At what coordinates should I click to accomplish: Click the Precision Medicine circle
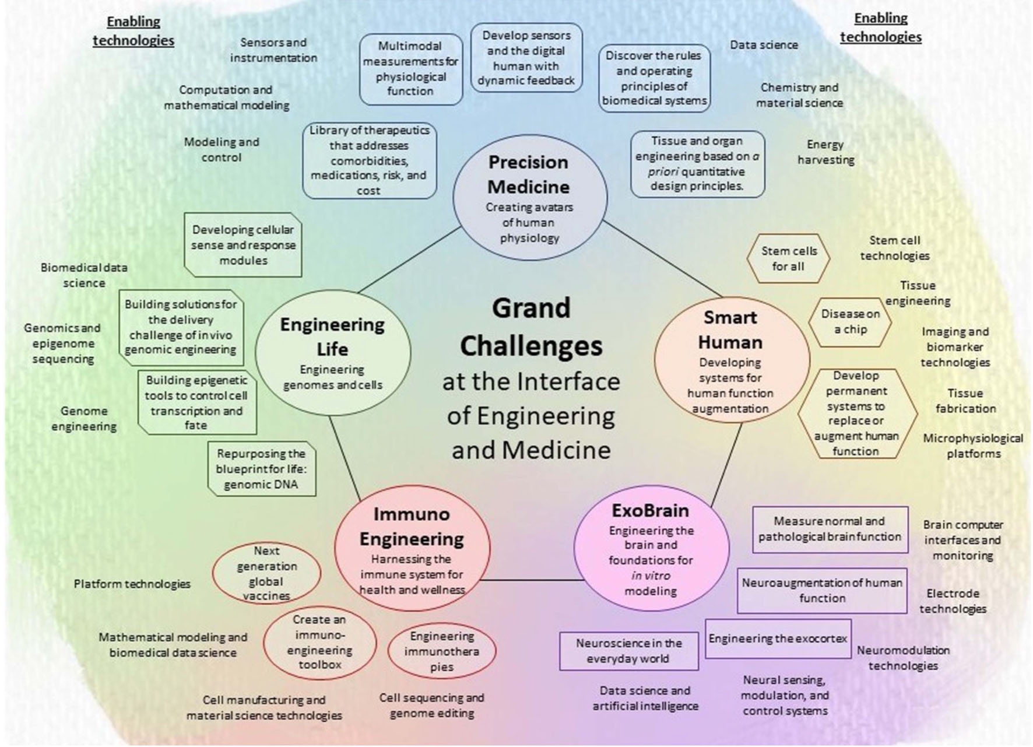[530, 197]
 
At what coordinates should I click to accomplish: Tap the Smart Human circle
[731, 360]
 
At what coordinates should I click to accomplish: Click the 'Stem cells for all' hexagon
[788, 259]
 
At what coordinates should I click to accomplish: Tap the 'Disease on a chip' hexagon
[850, 321]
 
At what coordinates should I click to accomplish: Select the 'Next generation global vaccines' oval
[266, 573]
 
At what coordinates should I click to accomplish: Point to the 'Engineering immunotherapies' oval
[442, 651]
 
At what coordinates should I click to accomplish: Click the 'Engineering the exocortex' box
[778, 639]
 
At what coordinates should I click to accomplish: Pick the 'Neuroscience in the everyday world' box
[628, 651]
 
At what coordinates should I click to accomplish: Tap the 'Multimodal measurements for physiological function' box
[410, 69]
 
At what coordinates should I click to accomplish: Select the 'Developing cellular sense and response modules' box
[243, 245]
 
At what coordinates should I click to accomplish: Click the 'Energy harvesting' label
[825, 152]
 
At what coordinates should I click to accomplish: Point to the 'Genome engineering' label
[84, 419]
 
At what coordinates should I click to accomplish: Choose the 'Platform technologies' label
[132, 584]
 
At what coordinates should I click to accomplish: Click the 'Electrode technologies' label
[953, 601]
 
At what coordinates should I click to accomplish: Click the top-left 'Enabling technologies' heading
[133, 31]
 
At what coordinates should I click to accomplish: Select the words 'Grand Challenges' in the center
[531, 327]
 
